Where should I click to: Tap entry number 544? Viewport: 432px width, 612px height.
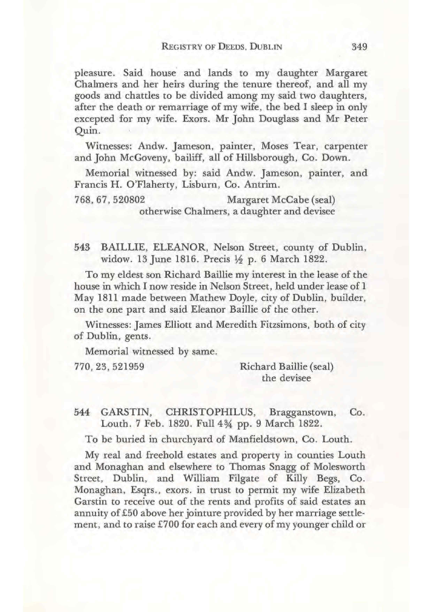pos(82,412)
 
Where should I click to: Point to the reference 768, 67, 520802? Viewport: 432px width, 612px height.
pos(110,200)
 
